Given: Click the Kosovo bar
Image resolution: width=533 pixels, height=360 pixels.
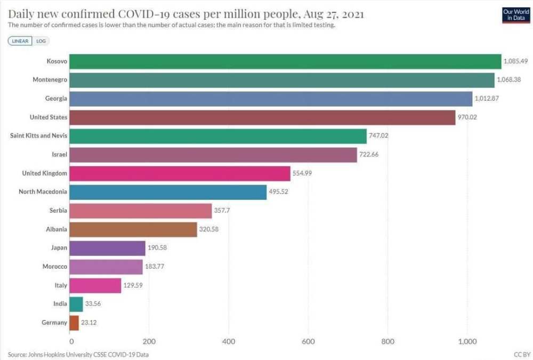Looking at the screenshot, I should [x=286, y=61].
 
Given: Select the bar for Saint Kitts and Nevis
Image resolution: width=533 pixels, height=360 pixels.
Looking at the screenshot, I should [x=219, y=136].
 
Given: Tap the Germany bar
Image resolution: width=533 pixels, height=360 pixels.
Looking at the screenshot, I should [x=74, y=323].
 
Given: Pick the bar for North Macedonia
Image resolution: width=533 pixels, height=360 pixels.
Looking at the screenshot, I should [x=168, y=192].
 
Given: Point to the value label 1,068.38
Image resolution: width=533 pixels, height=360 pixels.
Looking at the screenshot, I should [x=508, y=80].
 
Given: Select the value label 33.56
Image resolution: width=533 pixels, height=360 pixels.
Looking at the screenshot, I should [x=94, y=304].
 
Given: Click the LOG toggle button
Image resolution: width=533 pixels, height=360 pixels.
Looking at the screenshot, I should [x=41, y=41].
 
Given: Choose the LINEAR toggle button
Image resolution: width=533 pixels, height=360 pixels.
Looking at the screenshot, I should [x=20, y=41].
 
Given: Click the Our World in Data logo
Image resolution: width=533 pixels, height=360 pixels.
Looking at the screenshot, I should [x=515, y=14].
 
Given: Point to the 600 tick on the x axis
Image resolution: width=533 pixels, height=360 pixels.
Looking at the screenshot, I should [x=309, y=341].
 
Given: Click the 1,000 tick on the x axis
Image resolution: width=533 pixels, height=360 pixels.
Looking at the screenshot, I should [x=467, y=341].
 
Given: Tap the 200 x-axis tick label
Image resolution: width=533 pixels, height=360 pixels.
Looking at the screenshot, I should [x=149, y=341].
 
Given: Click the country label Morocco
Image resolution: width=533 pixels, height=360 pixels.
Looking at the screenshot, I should [x=54, y=267].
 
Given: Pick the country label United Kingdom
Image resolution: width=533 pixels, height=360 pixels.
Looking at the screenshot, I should [x=44, y=173].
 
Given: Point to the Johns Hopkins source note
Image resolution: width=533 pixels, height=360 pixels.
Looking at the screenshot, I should [x=78, y=354].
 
